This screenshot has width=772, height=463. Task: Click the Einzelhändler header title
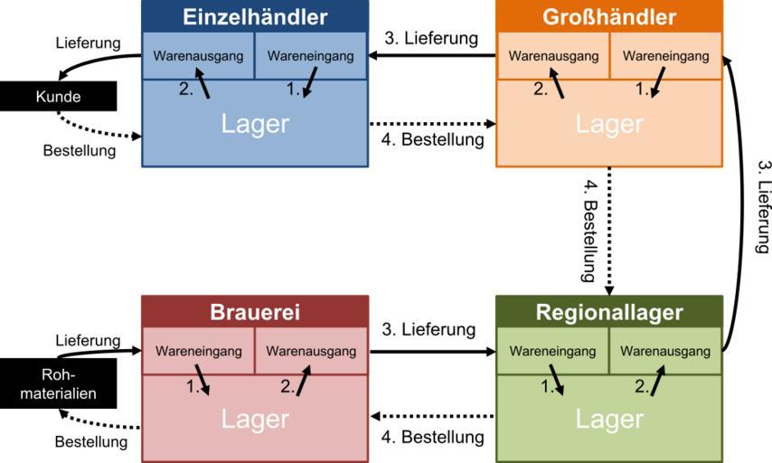(255, 17)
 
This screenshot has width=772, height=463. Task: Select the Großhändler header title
(609, 17)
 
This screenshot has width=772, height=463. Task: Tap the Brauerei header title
(255, 312)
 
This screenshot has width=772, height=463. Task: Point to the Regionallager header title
(609, 312)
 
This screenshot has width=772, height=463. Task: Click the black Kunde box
(58, 97)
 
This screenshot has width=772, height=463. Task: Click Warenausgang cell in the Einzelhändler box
(198, 56)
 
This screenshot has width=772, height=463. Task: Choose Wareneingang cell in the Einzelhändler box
(311, 56)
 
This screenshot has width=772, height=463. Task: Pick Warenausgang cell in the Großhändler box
(553, 56)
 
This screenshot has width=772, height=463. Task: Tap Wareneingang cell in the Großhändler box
(665, 56)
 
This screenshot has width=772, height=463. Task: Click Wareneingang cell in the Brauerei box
(198, 351)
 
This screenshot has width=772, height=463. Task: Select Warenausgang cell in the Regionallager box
(665, 351)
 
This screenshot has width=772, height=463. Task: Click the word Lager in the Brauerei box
(255, 419)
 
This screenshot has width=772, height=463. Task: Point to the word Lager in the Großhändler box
(609, 124)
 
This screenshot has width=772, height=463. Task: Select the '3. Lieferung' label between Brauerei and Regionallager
(428, 329)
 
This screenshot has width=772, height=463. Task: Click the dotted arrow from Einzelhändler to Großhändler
(432, 123)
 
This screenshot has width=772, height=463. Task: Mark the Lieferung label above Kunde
(88, 43)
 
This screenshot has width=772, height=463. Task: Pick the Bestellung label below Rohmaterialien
(90, 442)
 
